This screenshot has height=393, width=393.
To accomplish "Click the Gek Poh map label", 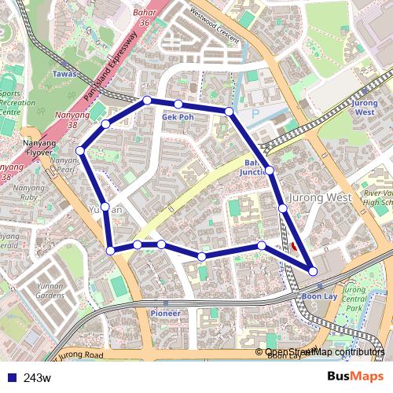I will [x=177, y=116].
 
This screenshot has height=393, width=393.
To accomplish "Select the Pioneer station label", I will [x=165, y=313].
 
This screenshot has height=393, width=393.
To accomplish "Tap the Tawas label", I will [x=64, y=74].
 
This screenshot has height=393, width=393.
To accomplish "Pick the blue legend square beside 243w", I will [x=9, y=378].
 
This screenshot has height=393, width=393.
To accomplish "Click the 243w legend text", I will [x=37, y=378].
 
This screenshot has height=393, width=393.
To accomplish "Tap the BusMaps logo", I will [x=355, y=376].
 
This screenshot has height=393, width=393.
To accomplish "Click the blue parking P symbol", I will [x=254, y=113].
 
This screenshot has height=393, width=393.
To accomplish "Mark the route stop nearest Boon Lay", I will [x=313, y=271].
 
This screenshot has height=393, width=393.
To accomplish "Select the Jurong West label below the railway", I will [x=321, y=197].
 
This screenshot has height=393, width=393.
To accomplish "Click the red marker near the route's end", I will [x=294, y=246].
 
